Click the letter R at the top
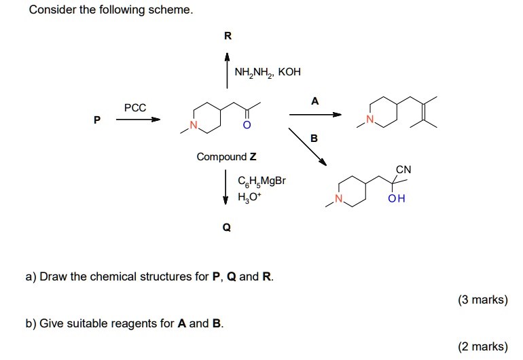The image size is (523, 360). pos(228,35)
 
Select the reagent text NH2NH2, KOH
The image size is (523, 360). pos(267,72)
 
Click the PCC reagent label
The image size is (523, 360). pos(135,107)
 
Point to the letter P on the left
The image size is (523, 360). pos(97,120)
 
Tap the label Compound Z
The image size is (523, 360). pos(226,157)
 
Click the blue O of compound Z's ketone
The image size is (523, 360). pos(247,126)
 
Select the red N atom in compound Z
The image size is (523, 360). pos(194,126)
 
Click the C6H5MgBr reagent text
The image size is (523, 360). pos(262,181)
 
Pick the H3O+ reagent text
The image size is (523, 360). pos(250,198)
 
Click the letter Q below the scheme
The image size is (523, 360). pos(226,228)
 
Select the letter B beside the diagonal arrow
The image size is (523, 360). pos(313,139)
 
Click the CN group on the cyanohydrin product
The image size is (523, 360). pos(403,170)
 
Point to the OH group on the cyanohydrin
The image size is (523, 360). pos(396,199)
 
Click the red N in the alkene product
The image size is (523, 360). pos(369,120)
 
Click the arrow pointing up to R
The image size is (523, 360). pos(228,71)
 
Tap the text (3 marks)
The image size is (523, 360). pos(483,300)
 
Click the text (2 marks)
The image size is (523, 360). pos(483,346)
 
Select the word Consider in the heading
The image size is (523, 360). pos(50,10)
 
